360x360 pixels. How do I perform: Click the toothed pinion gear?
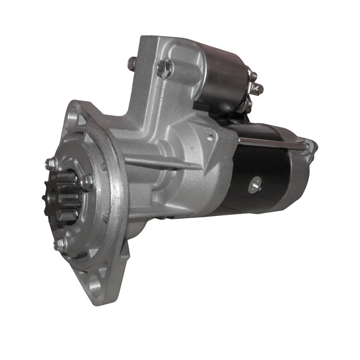pyautogui.click(x=65, y=195)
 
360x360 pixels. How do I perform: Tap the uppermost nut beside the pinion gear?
pyautogui.click(x=51, y=164)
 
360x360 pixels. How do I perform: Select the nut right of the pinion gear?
pyautogui.click(x=87, y=182)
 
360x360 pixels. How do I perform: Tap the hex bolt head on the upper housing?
pyautogui.click(x=164, y=69)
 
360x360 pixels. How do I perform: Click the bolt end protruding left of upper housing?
pyautogui.click(x=132, y=63)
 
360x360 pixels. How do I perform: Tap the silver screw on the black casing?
pyautogui.click(x=256, y=183)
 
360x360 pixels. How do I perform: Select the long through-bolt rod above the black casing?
pyautogui.click(x=270, y=141)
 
